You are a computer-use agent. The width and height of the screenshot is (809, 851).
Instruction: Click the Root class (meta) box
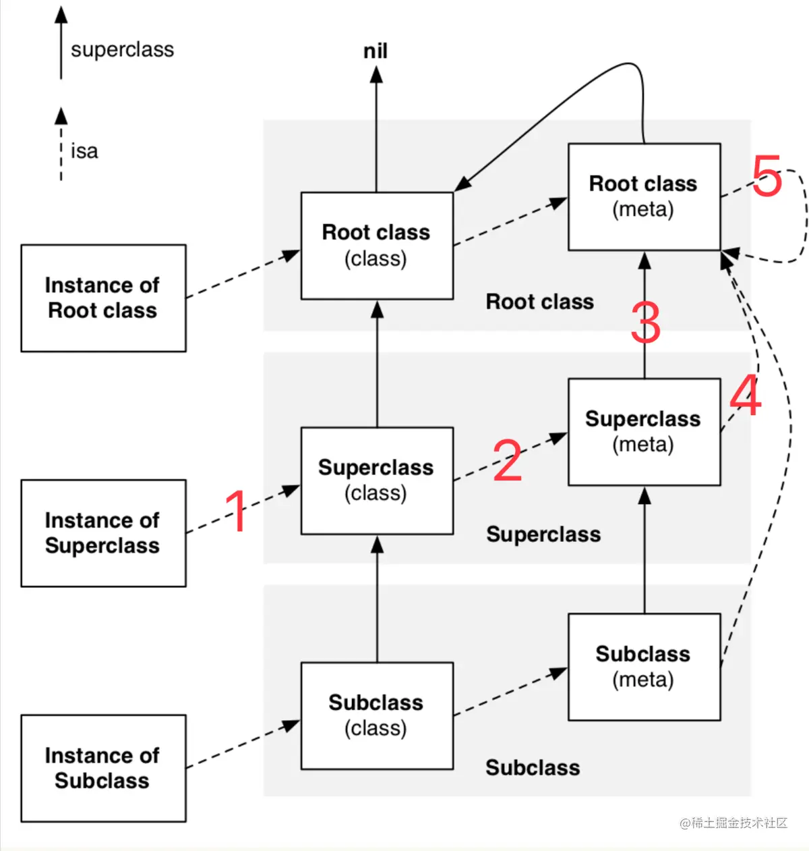645,197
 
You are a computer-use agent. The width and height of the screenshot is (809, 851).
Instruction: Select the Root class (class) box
377,246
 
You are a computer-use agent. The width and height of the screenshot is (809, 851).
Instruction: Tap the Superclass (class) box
377,481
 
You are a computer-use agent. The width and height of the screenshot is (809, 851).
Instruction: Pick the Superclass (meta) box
645,432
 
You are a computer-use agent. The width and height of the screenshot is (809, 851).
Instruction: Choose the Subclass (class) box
377,716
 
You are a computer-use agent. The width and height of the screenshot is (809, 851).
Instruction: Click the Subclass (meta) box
645,667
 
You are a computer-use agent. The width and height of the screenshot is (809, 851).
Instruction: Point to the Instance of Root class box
104,298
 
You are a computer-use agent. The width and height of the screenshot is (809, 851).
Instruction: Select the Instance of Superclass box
104,533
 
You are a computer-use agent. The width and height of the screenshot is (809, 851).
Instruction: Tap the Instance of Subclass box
104,768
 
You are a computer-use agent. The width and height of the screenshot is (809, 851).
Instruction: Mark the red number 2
508,460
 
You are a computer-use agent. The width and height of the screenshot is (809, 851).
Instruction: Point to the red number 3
646,323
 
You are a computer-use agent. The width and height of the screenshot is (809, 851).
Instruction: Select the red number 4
746,395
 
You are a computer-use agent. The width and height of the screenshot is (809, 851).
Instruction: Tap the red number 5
767,175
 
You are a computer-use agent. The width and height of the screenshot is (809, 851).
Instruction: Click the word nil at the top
376,51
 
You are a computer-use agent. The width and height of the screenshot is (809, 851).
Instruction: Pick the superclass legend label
123,49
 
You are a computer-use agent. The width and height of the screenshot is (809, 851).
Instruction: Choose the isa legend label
84,151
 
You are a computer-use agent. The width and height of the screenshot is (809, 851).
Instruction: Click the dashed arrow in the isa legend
61,144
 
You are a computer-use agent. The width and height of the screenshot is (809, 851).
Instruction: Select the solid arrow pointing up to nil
376,129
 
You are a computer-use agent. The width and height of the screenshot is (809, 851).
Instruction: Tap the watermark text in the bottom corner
733,823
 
